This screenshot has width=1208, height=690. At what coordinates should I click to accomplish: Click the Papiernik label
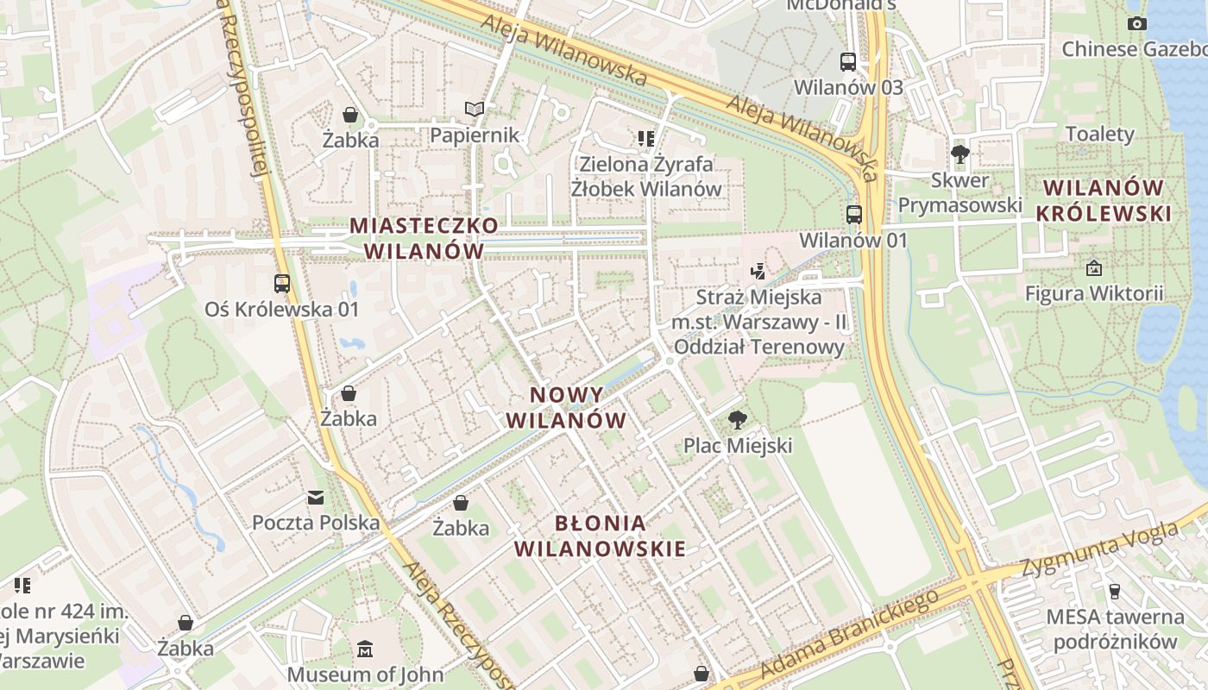click(475, 135)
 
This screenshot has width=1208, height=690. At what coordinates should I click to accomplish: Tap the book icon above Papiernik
click(475, 109)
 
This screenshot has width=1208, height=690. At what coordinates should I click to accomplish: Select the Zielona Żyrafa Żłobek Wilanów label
click(646, 176)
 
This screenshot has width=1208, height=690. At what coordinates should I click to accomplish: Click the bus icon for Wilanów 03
click(848, 61)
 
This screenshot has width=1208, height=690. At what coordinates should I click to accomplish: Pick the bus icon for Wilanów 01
click(854, 215)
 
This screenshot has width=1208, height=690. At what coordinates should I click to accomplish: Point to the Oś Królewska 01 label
click(281, 309)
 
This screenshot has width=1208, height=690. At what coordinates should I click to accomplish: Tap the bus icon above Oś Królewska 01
click(281, 283)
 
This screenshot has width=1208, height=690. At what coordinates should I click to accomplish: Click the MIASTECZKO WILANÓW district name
click(424, 238)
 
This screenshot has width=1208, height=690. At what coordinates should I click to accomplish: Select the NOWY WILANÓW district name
click(566, 408)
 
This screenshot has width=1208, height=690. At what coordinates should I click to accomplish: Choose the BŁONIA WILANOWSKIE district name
click(601, 536)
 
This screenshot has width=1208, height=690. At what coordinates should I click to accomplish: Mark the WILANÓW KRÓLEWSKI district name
click(1104, 200)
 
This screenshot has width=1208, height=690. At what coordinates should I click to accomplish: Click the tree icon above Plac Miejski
click(737, 420)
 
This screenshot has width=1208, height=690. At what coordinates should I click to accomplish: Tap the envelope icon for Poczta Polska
click(316, 497)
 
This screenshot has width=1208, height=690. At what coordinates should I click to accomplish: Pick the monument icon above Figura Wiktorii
click(1094, 268)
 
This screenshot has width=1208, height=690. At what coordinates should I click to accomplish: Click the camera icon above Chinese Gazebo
click(1137, 23)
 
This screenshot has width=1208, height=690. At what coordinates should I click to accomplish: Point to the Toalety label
click(1100, 134)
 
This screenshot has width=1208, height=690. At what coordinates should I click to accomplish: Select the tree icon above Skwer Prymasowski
click(959, 154)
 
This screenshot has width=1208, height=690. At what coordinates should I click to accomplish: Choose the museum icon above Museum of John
click(365, 649)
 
